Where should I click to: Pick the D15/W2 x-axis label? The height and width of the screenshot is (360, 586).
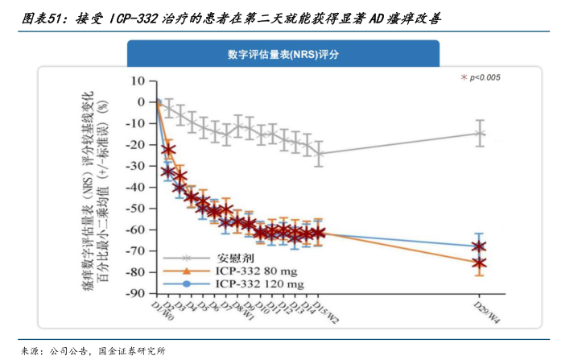(x=325, y=310)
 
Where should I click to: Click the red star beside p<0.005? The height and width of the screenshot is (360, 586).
(x=463, y=77)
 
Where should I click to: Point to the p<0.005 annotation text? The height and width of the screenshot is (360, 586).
(x=485, y=77)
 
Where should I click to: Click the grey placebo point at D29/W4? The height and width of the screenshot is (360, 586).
(x=480, y=134)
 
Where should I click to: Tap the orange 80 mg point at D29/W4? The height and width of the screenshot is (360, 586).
(x=480, y=263)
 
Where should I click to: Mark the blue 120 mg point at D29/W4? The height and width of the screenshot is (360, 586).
(x=480, y=246)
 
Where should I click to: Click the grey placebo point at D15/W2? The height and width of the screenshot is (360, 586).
(x=320, y=154)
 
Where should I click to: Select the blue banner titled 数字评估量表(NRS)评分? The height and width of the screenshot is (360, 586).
(x=293, y=55)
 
